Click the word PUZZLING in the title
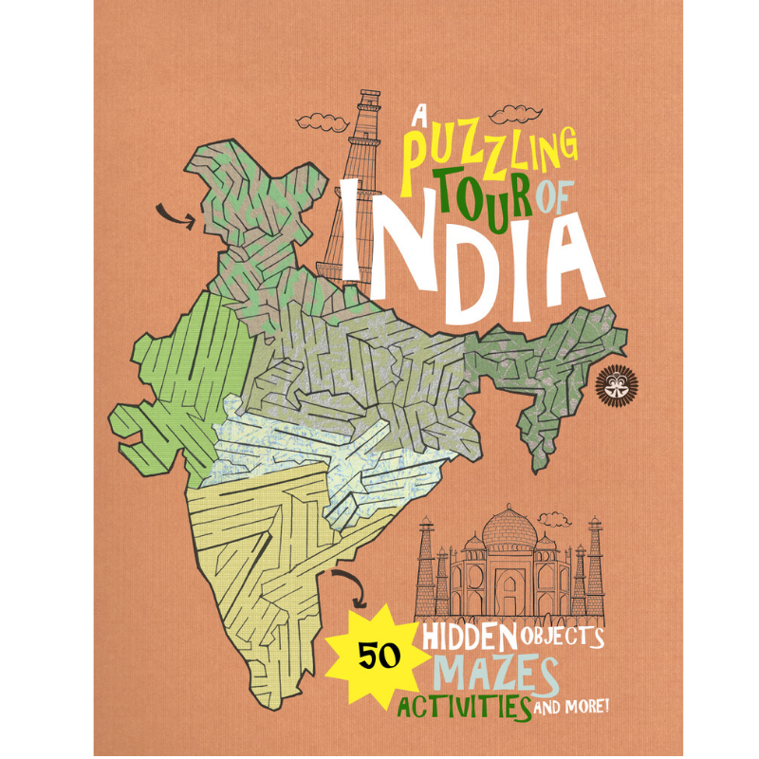(x=489, y=152)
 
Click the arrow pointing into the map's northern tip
(x=177, y=216)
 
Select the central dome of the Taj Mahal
(x=509, y=527)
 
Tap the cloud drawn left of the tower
(x=314, y=120)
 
